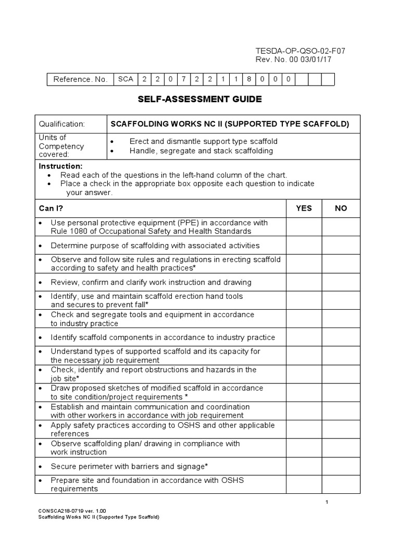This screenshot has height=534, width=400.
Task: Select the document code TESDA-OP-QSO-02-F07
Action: click(300, 51)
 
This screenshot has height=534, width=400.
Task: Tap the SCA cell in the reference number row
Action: click(126, 79)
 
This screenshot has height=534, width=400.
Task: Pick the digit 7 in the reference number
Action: click(184, 79)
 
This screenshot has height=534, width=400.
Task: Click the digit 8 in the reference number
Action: click(249, 79)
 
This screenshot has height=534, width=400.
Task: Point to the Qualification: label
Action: click(61, 124)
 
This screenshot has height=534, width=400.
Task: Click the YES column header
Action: click(304, 208)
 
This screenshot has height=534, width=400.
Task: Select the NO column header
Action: click(341, 208)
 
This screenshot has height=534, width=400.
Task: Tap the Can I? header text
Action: click(51, 208)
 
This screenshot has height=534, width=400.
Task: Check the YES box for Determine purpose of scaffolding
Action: click(304, 245)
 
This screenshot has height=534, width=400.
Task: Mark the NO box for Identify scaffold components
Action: click(341, 337)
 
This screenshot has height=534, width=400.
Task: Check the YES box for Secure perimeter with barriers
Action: click(304, 466)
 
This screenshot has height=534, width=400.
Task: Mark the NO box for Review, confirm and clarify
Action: click(341, 282)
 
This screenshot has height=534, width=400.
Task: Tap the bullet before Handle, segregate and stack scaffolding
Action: click(112, 151)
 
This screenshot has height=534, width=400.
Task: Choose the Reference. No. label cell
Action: click(80, 79)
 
